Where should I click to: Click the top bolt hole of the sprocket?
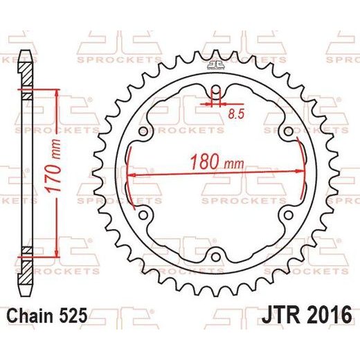pyautogui.click(x=216, y=89)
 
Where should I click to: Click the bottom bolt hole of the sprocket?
pyautogui.click(x=216, y=257)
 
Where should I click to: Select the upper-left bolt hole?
pyautogui.click(x=143, y=132)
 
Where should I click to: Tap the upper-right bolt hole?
pyautogui.click(x=288, y=132)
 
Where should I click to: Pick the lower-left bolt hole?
pyautogui.click(x=143, y=215)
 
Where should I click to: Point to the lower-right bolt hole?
pyautogui.click(x=288, y=215)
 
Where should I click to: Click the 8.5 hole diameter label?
pyautogui.click(x=236, y=114)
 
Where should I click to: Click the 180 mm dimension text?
pyautogui.click(x=217, y=161)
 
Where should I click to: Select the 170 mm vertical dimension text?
pyautogui.click(x=54, y=165)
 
